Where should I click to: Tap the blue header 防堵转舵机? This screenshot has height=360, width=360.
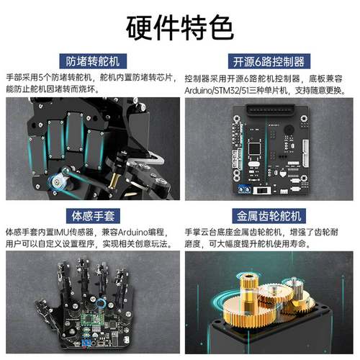tap(90, 61)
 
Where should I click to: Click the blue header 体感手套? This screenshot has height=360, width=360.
tap(90, 215)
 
